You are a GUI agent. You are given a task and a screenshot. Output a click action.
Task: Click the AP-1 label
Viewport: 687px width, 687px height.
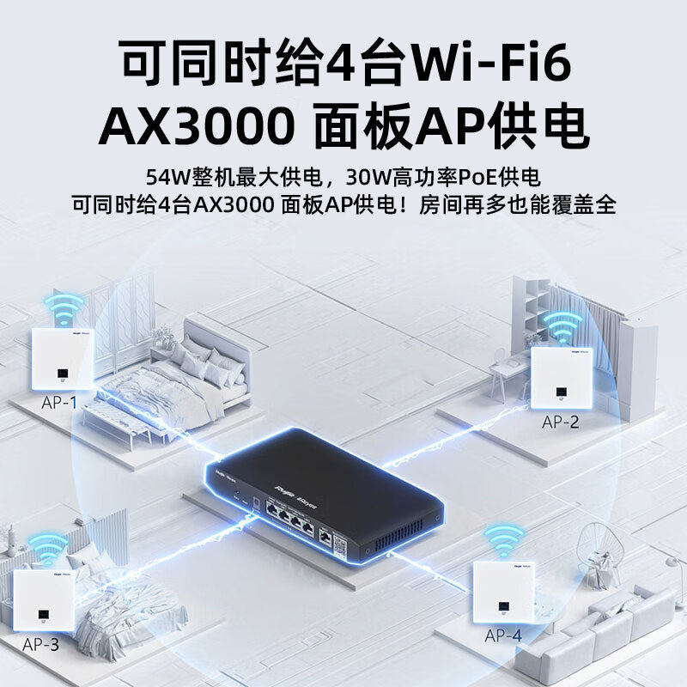(x=59, y=402)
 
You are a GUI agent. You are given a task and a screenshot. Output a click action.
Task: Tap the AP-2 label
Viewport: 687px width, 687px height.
(x=561, y=422)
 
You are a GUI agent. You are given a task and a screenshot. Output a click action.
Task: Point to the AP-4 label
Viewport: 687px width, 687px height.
(x=503, y=635)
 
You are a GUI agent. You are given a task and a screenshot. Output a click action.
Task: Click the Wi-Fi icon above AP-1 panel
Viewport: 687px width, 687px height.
(x=64, y=307)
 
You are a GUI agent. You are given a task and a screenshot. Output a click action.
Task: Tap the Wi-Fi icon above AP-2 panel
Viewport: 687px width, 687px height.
(x=562, y=325)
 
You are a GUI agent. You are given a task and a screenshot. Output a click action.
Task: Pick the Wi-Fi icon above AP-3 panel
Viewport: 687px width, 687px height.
(x=48, y=547)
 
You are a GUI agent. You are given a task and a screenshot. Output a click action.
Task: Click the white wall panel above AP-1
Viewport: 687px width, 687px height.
(x=62, y=357)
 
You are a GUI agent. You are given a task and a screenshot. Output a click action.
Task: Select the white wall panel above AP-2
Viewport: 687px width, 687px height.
(x=562, y=377)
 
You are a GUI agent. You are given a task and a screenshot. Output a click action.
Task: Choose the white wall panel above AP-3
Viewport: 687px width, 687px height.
(x=41, y=598)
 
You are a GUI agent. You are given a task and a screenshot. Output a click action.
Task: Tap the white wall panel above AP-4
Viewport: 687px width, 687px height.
(x=504, y=592)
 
